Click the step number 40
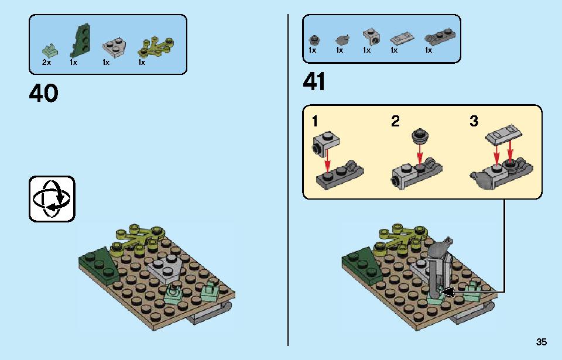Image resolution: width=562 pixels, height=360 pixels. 43,93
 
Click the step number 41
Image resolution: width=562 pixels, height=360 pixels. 314,81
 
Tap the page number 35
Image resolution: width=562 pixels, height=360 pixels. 541,342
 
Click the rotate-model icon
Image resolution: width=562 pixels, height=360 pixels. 52,199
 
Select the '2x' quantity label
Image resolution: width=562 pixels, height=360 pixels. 47,63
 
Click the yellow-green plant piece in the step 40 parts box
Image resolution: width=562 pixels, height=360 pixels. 156,47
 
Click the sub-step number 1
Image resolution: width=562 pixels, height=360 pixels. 315,121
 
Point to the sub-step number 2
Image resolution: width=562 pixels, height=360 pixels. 395,121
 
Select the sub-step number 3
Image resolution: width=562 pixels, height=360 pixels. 474,121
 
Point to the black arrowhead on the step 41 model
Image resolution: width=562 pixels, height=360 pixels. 447,292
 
